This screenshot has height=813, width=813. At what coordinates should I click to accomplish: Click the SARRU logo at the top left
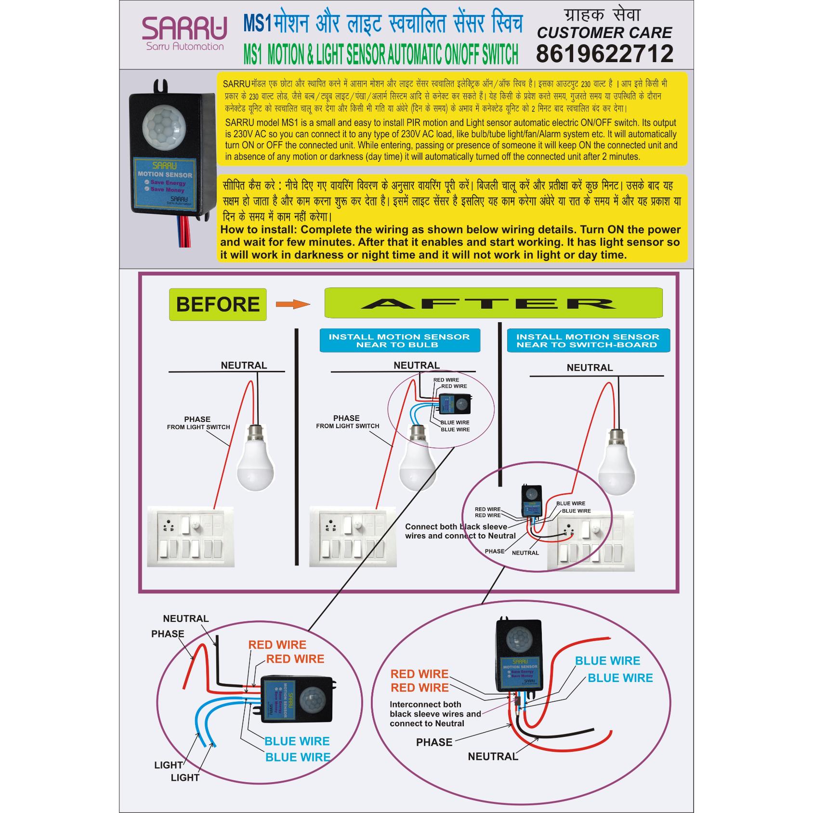coord(184,33)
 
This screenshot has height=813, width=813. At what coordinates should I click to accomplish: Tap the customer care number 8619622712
coord(604,53)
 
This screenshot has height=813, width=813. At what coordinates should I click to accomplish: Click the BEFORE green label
coord(218,304)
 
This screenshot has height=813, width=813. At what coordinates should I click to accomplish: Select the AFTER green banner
coord(493,303)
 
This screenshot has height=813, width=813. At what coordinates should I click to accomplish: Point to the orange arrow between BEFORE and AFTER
coord(292,304)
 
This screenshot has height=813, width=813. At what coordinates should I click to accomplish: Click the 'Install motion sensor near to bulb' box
coord(399,341)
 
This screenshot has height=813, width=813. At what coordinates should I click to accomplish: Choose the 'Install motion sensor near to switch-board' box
coord(588,341)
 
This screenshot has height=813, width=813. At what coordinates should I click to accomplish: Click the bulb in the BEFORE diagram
coord(255,458)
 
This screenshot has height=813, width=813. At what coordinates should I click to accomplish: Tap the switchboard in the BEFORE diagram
coord(191,536)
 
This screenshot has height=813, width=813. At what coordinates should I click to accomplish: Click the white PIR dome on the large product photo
coord(164,123)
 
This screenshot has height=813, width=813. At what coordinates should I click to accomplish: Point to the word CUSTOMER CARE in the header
coord(604,33)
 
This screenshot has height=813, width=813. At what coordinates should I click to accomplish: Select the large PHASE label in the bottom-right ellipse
coord(434,742)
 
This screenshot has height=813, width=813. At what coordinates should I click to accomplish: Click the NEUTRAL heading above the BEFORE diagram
coord(244,365)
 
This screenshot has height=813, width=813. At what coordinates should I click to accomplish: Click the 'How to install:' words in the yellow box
coord(259,230)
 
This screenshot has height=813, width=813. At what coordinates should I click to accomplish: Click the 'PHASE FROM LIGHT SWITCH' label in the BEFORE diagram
coord(198,423)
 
